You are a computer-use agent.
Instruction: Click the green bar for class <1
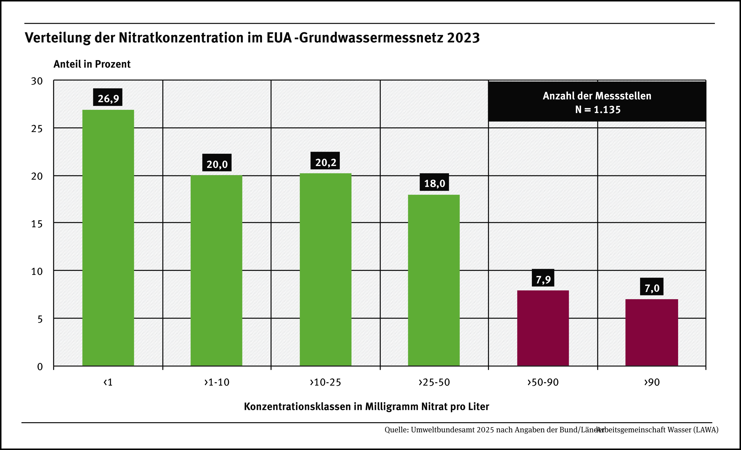coord(108,238)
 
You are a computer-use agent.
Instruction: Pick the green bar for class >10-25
coord(325,269)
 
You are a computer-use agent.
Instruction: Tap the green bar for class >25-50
coord(434,280)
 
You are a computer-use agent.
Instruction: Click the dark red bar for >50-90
coord(543,328)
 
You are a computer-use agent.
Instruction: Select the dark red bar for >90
coord(652,332)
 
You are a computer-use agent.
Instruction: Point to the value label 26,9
coord(108,97)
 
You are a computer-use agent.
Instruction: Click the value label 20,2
coord(325,162)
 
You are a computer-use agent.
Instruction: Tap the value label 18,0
coord(434,183)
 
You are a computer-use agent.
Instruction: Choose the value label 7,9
coord(543,279)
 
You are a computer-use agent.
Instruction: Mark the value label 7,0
coord(652,288)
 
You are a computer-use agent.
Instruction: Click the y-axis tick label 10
coord(37,271)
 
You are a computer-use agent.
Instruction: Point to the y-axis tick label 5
coord(40,319)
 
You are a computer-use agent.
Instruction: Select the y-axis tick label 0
coord(40,367)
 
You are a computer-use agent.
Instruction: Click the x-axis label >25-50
coord(434,382)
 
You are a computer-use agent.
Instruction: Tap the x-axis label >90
coord(652,382)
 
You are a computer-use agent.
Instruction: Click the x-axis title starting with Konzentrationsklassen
coord(366,407)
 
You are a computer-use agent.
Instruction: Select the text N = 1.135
coord(597,109)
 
